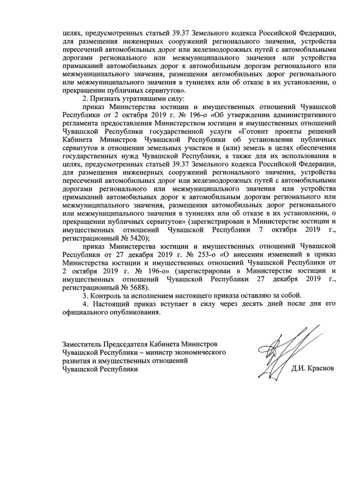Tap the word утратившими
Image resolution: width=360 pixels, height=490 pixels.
tap(145, 98)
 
